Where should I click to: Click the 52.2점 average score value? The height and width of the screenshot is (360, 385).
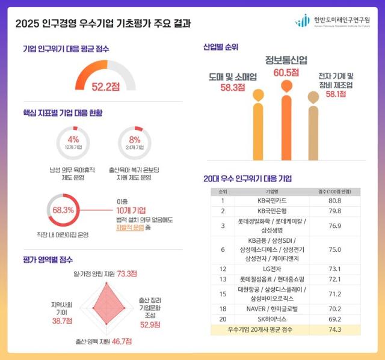(105, 87)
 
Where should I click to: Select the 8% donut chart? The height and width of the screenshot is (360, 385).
(135, 142)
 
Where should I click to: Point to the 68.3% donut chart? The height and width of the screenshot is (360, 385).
(63, 210)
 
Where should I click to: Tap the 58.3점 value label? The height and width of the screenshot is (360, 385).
(232, 87)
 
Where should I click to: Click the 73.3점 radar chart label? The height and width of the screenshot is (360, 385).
(126, 273)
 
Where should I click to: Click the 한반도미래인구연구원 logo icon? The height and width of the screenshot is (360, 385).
(302, 21)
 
